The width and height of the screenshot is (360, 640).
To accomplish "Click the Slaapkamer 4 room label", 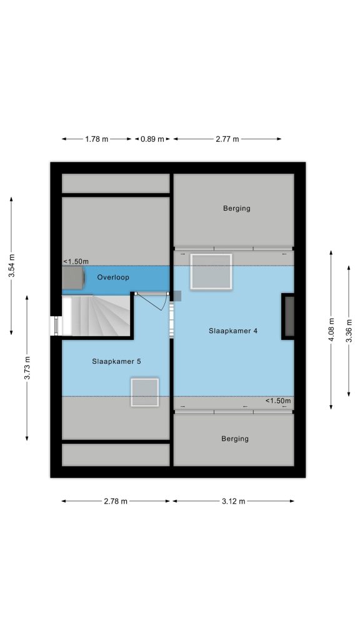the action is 233,331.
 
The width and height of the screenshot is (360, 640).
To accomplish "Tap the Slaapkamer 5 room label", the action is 116,361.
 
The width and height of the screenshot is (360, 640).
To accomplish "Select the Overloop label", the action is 113,277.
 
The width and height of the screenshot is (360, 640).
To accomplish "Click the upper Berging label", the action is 237,209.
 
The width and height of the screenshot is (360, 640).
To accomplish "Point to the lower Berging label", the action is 235,439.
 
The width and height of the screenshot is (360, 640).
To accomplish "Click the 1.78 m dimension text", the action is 97,139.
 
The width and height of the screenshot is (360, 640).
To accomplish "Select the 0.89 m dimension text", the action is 152,139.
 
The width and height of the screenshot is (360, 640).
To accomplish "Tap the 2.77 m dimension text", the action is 227,139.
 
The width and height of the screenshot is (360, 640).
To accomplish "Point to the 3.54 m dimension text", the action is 12,266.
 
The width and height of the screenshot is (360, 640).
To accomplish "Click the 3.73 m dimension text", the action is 27,368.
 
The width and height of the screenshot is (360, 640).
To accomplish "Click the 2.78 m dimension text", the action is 116,502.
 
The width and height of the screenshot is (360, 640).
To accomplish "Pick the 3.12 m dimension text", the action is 234,502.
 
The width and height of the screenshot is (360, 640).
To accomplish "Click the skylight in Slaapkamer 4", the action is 211,272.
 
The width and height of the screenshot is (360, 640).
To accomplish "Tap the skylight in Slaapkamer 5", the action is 145,392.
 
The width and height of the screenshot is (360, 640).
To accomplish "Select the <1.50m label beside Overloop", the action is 76,262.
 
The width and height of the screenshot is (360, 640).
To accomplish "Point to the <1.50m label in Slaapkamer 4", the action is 279,401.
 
